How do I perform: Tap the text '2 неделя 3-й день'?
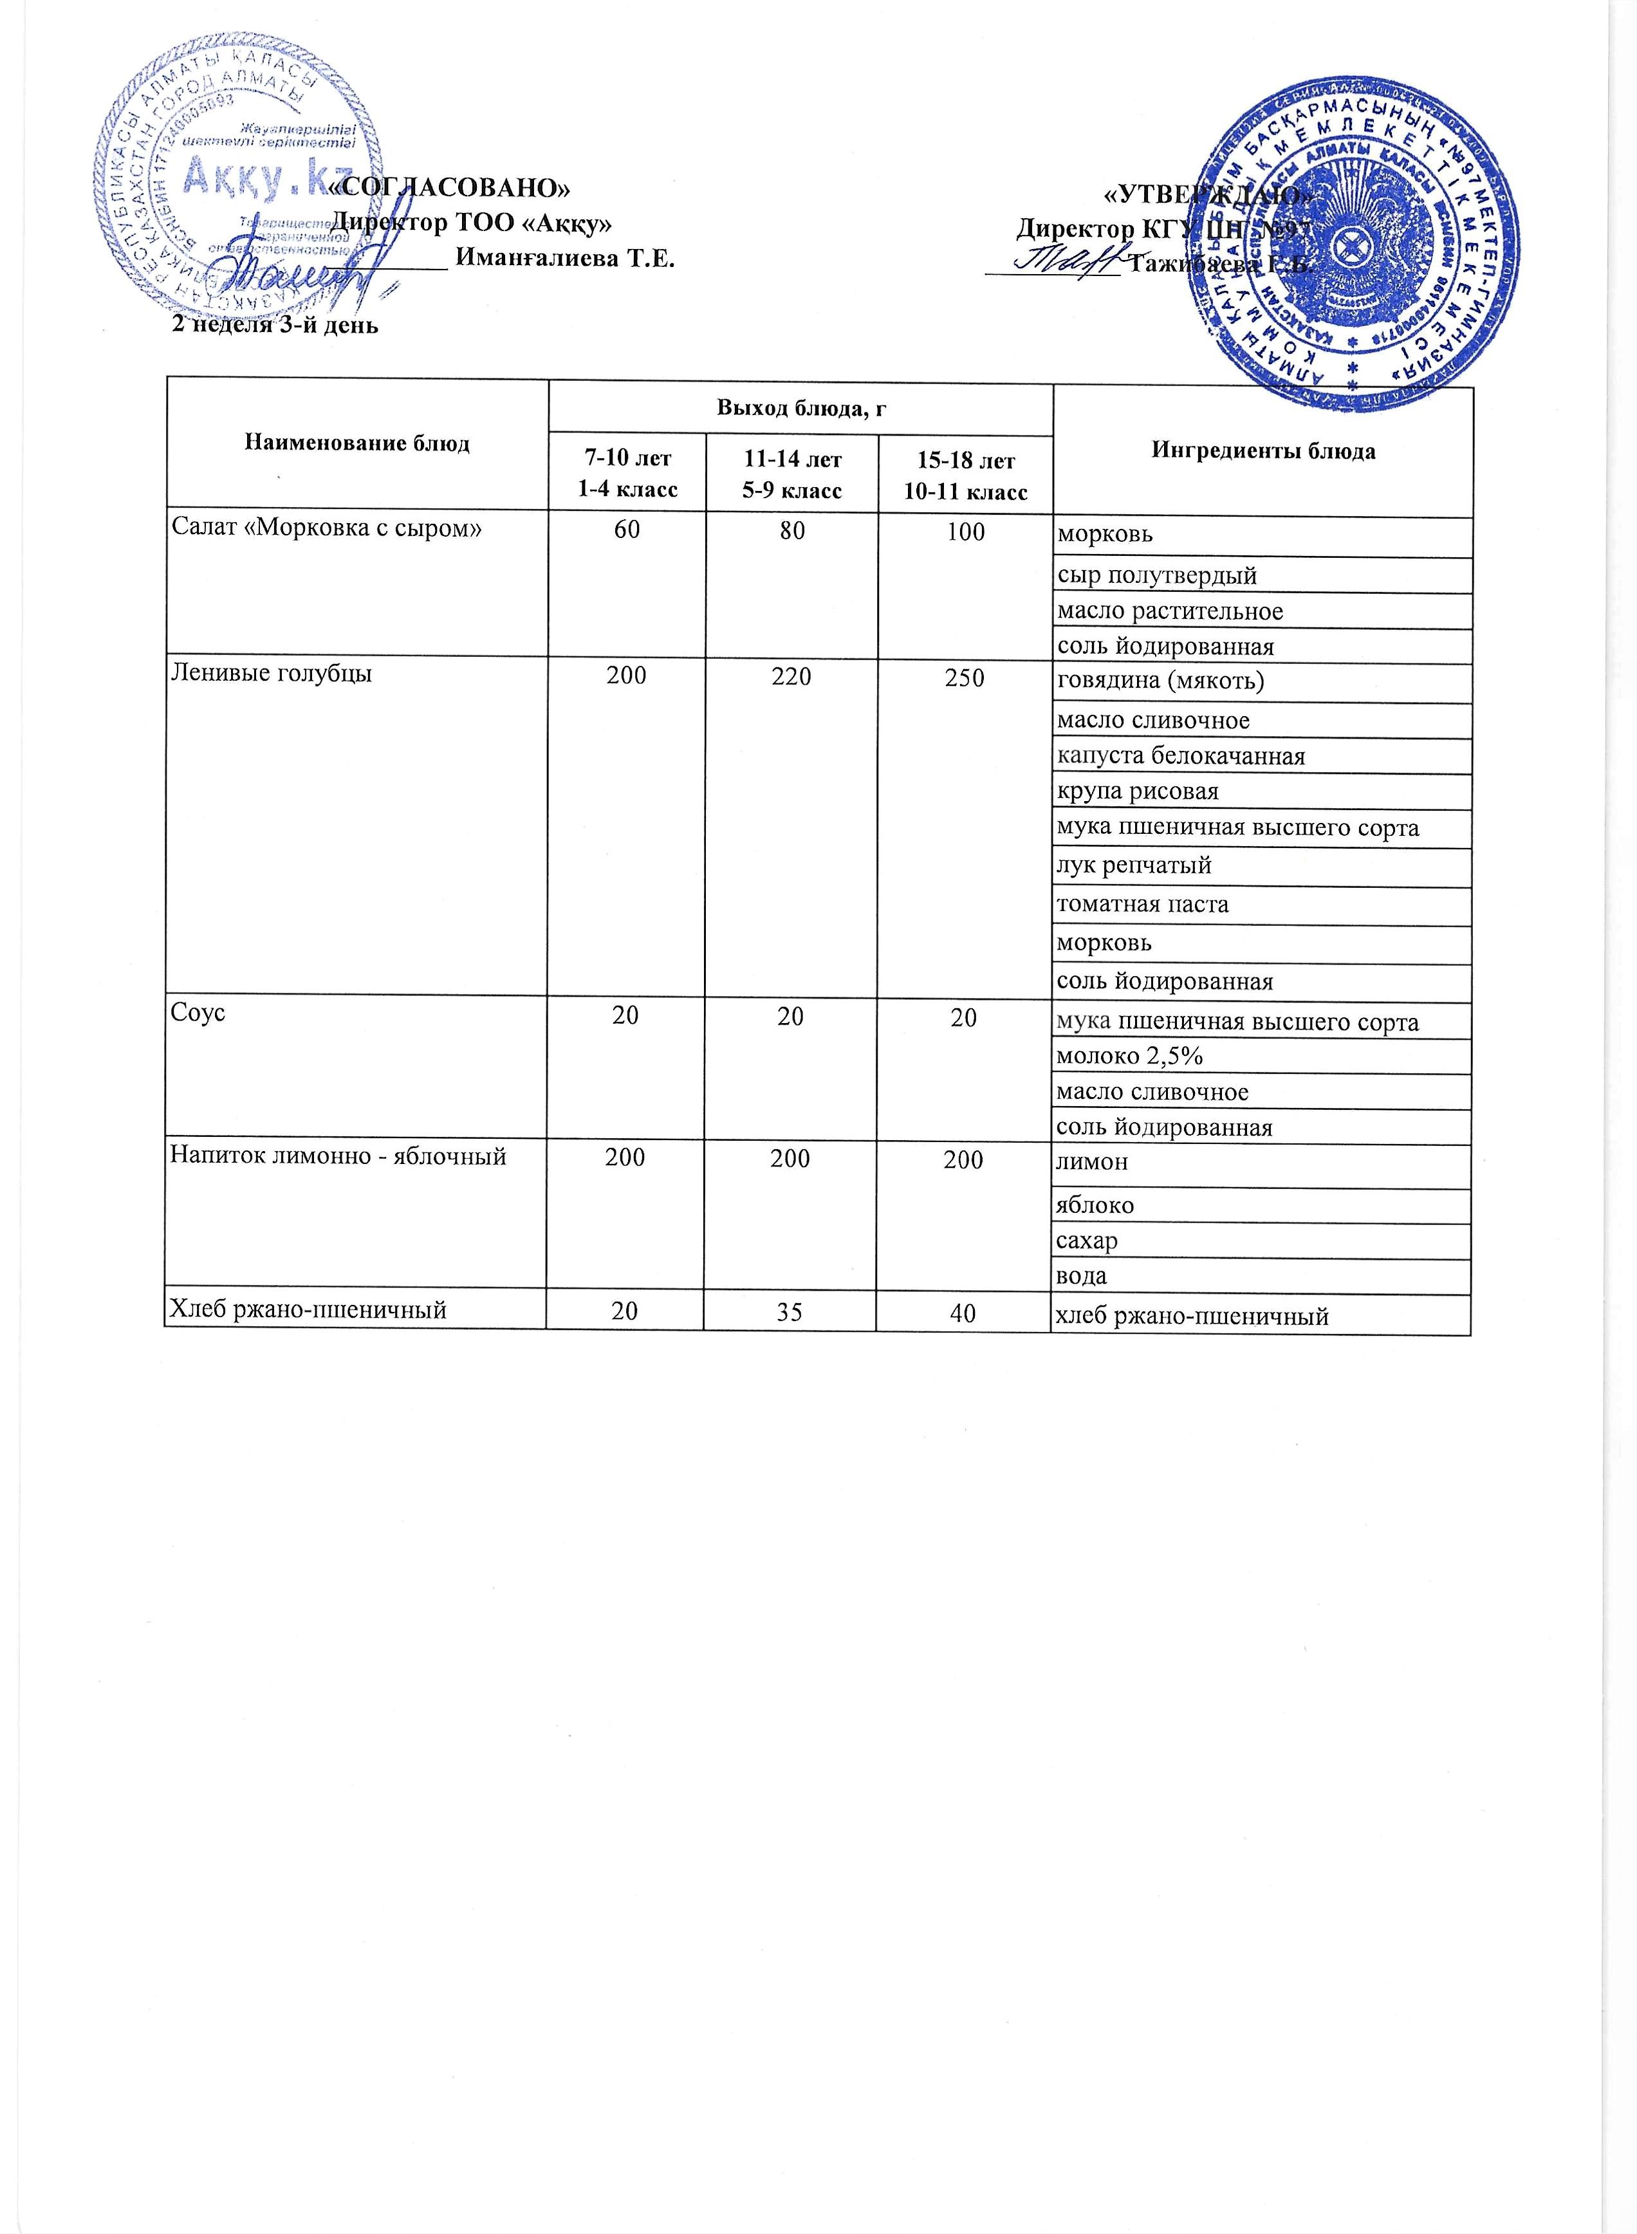coord(275,324)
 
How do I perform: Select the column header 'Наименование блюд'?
coord(356,443)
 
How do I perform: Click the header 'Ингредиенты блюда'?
coord(1263,451)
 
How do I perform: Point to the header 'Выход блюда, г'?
coord(800,406)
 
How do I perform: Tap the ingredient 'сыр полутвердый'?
coord(1156,575)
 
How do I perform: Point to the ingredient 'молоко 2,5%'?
coord(1130,1056)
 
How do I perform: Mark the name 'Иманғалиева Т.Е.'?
coord(564,259)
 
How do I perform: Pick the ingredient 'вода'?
coord(1082,1276)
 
